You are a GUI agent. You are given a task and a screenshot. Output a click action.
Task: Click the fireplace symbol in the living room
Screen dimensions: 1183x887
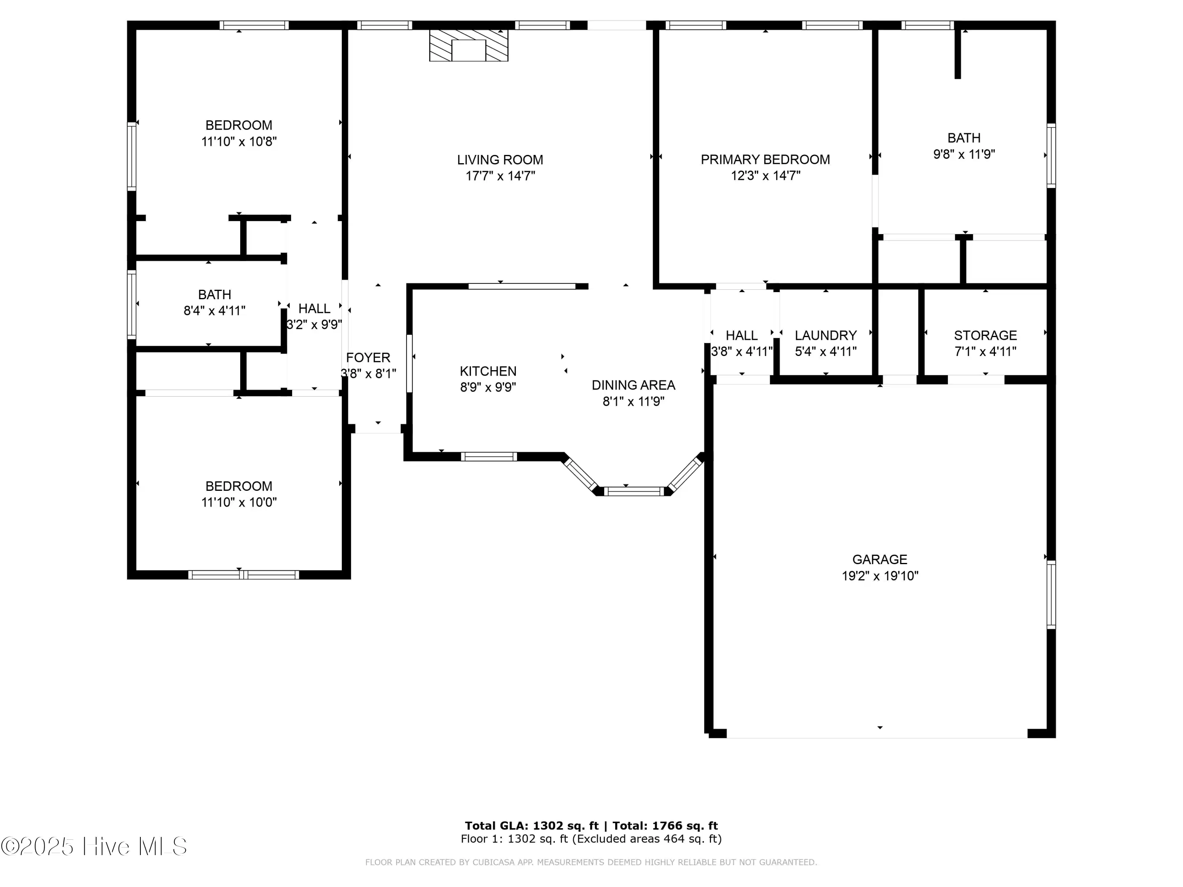tap(468, 45)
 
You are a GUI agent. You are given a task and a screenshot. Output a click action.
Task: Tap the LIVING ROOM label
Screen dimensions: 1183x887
tap(500, 160)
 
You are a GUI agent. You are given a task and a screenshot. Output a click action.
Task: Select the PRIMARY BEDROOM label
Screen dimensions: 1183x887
tap(765, 159)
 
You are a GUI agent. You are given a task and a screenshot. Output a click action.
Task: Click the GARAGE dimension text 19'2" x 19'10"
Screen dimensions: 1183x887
tap(880, 576)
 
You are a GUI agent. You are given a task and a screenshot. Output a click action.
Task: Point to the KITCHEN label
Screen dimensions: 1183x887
tap(488, 371)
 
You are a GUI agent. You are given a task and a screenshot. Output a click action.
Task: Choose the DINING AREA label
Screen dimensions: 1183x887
tap(633, 385)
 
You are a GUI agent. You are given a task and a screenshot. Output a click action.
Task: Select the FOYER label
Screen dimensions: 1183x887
tap(368, 358)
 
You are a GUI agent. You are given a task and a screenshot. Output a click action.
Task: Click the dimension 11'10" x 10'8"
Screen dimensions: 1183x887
tap(239, 142)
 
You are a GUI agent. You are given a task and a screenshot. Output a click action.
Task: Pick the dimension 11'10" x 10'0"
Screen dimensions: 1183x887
tap(239, 502)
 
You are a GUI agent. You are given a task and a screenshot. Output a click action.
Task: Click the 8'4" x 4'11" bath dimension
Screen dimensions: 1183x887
tap(215, 311)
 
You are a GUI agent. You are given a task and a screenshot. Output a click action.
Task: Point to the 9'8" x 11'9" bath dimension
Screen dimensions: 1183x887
tap(964, 155)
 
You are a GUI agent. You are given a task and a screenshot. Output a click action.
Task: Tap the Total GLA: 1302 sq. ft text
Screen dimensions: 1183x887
tap(532, 826)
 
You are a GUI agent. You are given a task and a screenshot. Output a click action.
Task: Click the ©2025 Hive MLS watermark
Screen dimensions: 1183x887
tap(94, 846)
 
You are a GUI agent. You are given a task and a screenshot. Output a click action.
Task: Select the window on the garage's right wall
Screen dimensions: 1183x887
tap(1051, 594)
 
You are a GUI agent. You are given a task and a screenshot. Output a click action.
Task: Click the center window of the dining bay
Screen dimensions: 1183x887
tap(634, 491)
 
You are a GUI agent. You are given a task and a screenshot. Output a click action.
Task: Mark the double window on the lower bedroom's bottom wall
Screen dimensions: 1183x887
tap(243, 575)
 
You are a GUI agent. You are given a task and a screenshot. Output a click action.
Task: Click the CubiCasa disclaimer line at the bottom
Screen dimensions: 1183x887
tap(591, 862)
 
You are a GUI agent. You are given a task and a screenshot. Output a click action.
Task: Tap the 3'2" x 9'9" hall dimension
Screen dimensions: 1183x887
tap(314, 324)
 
